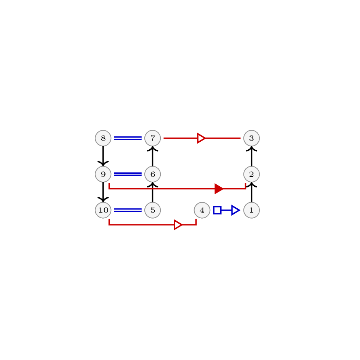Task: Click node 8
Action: (x=103, y=138)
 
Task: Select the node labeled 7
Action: (x=152, y=138)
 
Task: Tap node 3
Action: (x=251, y=138)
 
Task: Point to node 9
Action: (x=103, y=174)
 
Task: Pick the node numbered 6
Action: (x=152, y=174)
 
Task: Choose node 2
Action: (x=251, y=174)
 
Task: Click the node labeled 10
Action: (x=103, y=210)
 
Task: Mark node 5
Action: (x=152, y=210)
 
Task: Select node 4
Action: (x=202, y=210)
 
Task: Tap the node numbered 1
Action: (x=251, y=210)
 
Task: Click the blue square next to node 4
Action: (x=217, y=210)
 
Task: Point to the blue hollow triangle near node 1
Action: (x=235, y=210)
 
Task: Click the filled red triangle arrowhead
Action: (x=219, y=189)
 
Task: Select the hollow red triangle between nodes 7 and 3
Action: (x=201, y=138)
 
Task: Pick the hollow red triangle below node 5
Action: (x=178, y=225)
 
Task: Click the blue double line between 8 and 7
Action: (x=128, y=138)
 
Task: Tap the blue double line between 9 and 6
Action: (x=128, y=174)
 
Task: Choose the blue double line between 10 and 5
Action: (x=128, y=210)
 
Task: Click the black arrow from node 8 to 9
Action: (x=103, y=156)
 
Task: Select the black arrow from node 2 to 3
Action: (x=251, y=156)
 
